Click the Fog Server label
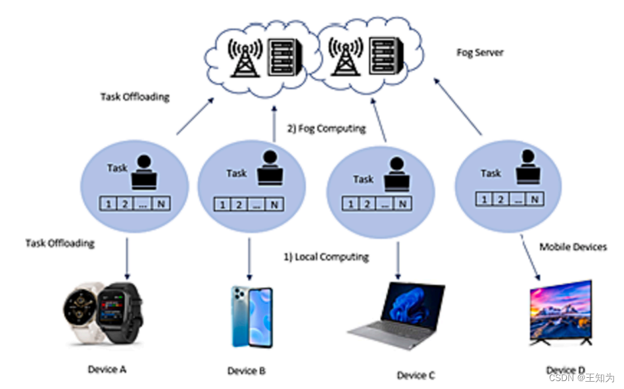point(480,52)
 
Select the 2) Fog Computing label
point(326,128)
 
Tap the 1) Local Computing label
point(325,257)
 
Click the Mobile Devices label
point(573,247)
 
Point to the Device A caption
point(107,369)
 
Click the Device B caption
point(247,371)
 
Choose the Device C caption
point(416,375)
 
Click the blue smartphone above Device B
point(251,316)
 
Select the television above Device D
point(561,313)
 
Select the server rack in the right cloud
point(385,56)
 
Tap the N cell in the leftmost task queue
point(160,204)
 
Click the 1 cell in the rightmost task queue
point(485,199)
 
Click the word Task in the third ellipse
point(363,179)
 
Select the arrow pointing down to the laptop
point(398,259)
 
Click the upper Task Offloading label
point(135,97)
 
